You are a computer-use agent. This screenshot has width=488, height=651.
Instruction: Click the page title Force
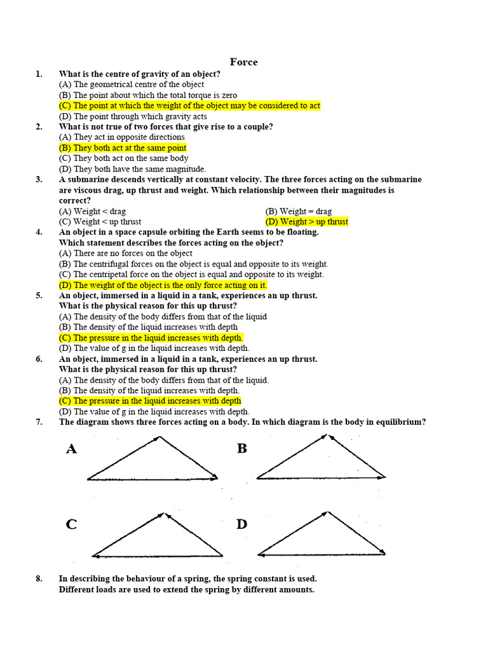click(x=243, y=62)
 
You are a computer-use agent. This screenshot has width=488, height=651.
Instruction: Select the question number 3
click(x=39, y=180)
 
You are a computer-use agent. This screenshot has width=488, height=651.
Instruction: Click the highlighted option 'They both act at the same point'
click(x=123, y=148)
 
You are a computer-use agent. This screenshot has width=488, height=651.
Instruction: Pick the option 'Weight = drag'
click(x=299, y=212)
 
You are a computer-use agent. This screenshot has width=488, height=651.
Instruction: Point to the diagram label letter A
click(x=72, y=449)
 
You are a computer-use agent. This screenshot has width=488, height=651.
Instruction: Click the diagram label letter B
click(x=242, y=449)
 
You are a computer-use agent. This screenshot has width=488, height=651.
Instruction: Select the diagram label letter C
click(x=71, y=524)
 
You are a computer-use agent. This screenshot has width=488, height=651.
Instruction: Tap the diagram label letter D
click(x=241, y=524)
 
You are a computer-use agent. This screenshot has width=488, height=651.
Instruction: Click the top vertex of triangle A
click(x=160, y=437)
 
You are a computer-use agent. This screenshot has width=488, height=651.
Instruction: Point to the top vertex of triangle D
click(x=328, y=512)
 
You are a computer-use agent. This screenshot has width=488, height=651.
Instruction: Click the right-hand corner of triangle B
click(x=385, y=477)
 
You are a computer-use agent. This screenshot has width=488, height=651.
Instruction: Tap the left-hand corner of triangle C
click(x=93, y=555)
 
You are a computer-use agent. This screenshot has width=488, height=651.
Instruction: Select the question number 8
click(x=39, y=579)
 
